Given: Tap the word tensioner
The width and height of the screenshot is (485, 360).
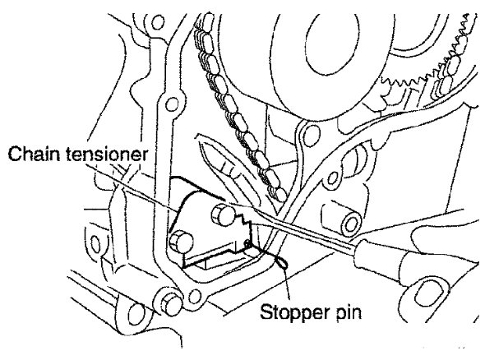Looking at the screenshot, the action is tap(107, 154).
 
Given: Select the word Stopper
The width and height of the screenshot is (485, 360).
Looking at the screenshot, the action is tap(293, 312).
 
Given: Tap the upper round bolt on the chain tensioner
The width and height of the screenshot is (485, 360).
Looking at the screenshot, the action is tap(224, 214).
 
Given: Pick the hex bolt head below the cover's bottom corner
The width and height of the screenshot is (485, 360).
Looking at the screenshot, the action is tap(171, 304).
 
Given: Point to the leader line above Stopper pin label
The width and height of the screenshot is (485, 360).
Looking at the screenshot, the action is tap(287, 284).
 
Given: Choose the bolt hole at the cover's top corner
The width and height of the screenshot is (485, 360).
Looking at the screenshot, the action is tap(158, 22).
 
